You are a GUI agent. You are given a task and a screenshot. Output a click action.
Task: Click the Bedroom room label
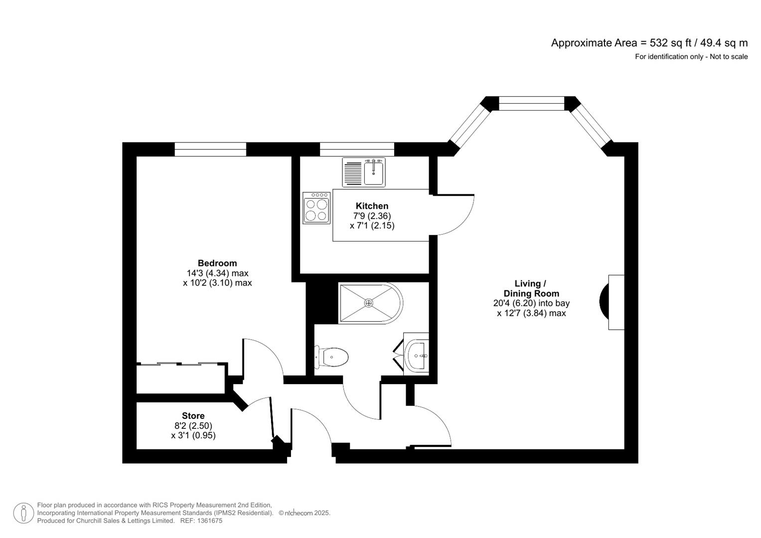(x=217, y=263)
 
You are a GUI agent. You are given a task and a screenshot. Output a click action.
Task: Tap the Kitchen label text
(x=372, y=206)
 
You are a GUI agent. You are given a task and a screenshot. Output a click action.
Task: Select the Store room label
(x=193, y=416)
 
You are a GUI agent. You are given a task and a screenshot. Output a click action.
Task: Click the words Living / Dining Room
(x=531, y=288)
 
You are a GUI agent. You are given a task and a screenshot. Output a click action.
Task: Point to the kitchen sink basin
(x=374, y=173)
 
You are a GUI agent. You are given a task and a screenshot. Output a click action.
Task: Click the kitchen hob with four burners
(x=316, y=208)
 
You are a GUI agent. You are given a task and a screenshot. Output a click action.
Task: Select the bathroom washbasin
(x=417, y=355)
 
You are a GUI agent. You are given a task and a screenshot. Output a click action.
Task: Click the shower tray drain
(x=369, y=303)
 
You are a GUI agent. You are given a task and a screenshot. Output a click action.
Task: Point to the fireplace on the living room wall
(x=612, y=302)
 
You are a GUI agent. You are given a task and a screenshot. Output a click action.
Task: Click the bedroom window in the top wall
(x=210, y=149)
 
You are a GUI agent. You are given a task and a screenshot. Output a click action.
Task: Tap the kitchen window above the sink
(x=357, y=149)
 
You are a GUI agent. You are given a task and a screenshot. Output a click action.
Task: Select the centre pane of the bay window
(x=531, y=103)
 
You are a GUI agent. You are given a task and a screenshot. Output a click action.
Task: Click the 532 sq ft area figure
(x=664, y=43)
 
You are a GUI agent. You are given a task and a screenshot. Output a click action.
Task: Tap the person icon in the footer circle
(x=23, y=513)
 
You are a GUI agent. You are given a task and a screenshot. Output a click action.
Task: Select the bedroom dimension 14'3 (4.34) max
(x=217, y=273)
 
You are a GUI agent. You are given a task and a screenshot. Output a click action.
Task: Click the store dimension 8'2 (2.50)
(x=193, y=425)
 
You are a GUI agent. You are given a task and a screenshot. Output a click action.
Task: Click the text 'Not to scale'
(x=729, y=57)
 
